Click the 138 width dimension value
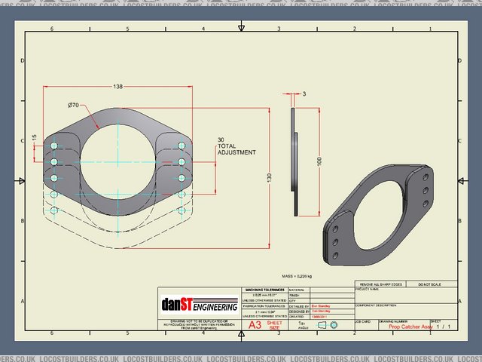(x=118, y=87)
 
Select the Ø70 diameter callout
(x=74, y=104)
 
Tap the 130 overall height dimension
(x=269, y=176)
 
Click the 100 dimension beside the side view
(x=319, y=162)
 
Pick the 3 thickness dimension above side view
(x=304, y=94)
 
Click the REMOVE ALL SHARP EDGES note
(x=379, y=284)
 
